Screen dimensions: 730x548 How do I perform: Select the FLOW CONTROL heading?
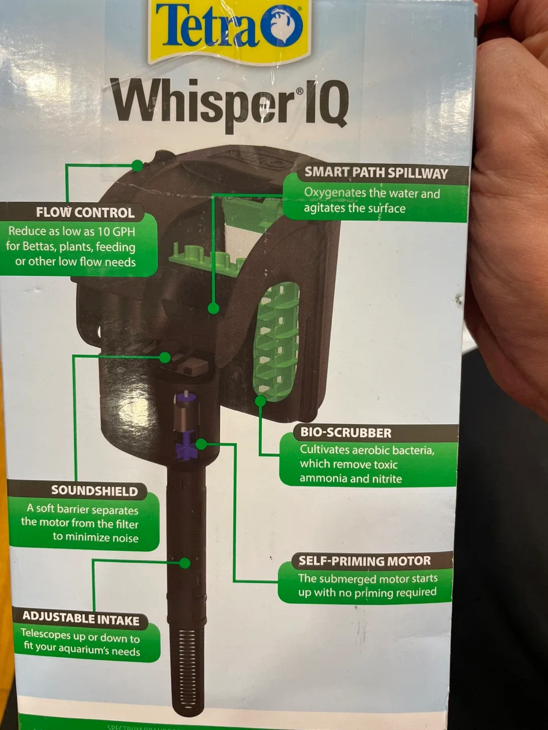click(85, 212)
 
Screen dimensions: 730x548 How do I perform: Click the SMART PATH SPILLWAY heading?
click(376, 173)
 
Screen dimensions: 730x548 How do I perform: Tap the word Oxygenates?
click(335, 193)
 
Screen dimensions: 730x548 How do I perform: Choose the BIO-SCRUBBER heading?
click(346, 433)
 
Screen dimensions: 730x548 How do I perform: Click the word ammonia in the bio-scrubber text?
click(323, 479)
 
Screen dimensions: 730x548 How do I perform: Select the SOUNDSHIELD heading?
click(94, 491)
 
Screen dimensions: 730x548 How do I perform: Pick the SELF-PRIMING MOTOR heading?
click(364, 561)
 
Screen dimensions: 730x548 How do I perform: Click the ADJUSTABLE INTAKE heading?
click(81, 618)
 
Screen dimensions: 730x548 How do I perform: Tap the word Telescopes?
click(46, 634)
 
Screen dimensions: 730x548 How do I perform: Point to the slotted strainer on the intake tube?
click(188, 664)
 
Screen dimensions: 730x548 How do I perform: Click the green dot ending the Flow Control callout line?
click(138, 166)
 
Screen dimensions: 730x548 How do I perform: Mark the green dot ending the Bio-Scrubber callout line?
click(260, 401)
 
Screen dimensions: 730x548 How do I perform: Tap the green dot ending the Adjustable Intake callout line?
click(185, 563)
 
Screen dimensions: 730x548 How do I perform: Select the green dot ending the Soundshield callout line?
click(164, 357)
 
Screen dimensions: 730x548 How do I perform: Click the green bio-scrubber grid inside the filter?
click(276, 340)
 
